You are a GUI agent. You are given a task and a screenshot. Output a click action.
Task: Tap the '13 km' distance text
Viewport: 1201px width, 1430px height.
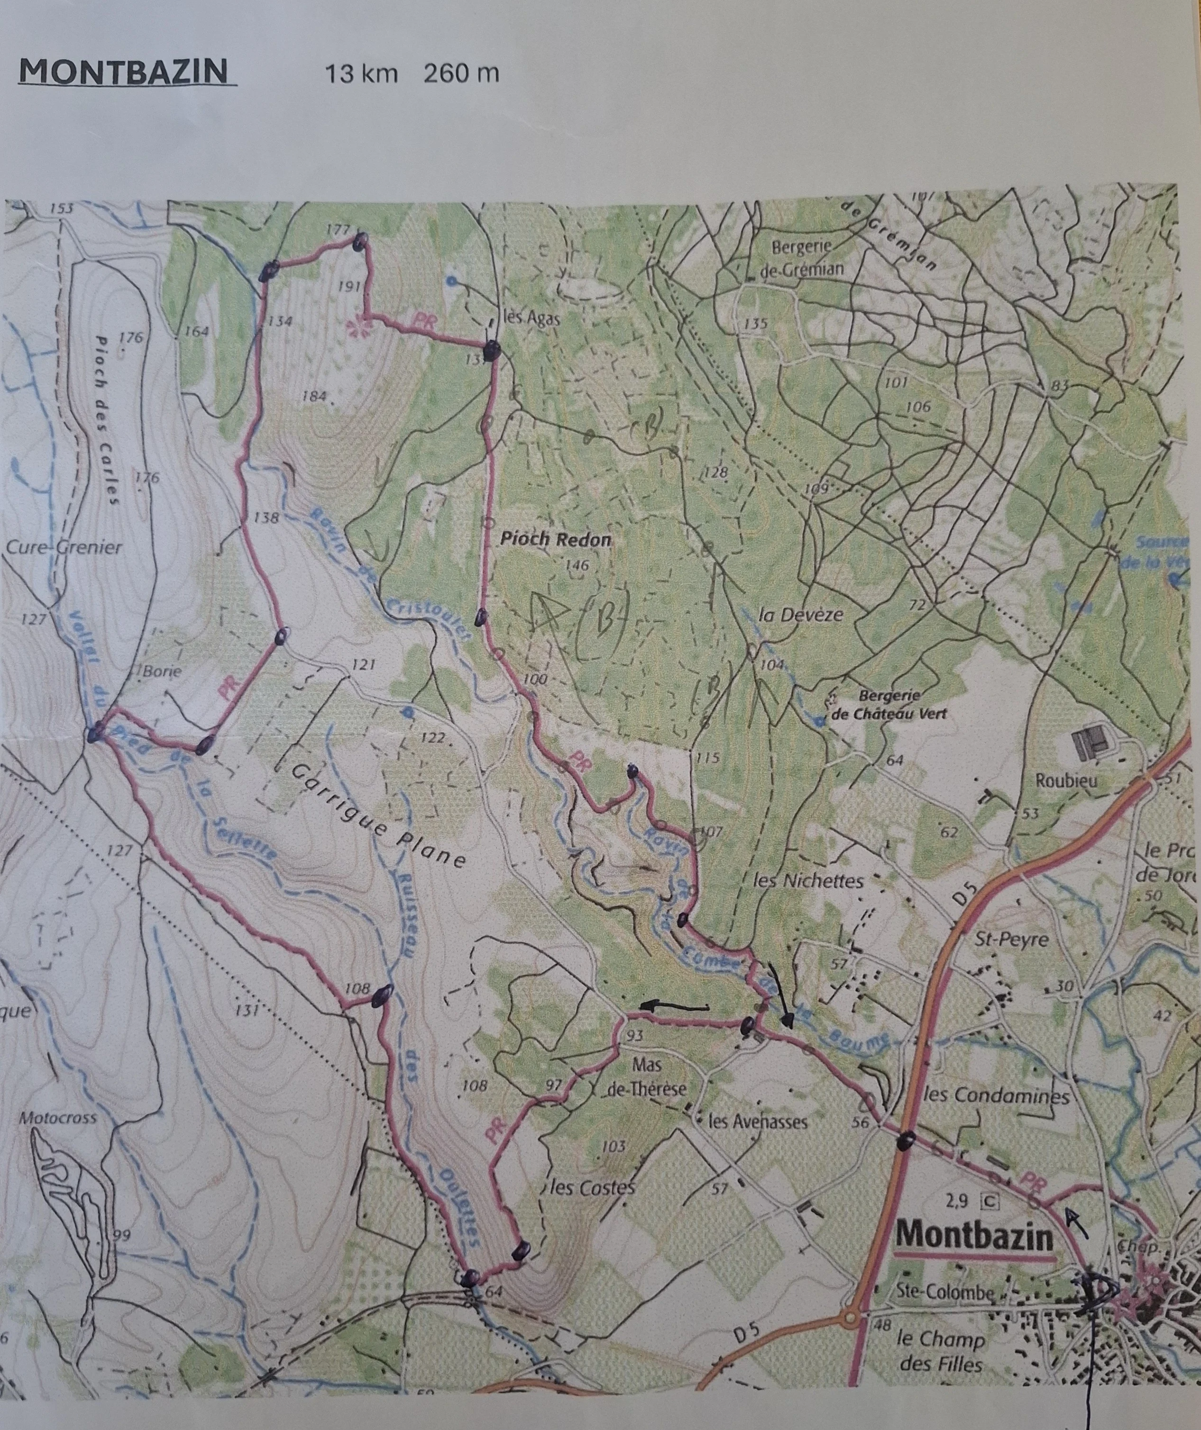360,73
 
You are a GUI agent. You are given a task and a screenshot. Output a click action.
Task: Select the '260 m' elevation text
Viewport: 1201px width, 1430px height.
461,73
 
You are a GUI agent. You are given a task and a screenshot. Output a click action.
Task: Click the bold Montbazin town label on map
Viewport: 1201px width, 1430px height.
975,1237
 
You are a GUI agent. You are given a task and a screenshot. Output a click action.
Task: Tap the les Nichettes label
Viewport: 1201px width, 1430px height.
808,881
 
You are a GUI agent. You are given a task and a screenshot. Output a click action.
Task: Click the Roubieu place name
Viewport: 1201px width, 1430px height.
1066,780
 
